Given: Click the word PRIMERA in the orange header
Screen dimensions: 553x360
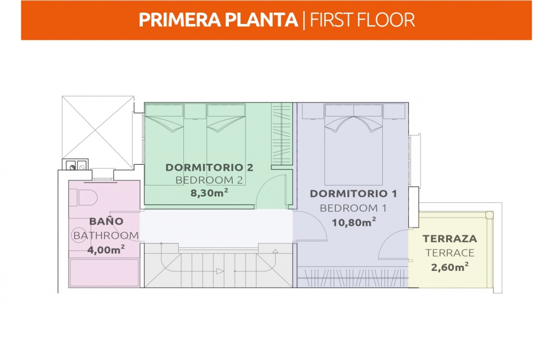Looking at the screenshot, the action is (x=180, y=20).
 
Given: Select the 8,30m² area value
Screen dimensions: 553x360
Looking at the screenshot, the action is (x=209, y=193).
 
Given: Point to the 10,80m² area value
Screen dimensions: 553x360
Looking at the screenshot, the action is (x=354, y=222).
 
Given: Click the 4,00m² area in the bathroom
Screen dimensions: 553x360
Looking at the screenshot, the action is (x=106, y=250).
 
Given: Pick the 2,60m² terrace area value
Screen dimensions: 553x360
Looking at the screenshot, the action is (x=450, y=267).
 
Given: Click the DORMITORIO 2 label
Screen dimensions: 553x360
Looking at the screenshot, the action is (x=209, y=168).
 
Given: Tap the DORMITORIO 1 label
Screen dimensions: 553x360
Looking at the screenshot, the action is (x=354, y=194).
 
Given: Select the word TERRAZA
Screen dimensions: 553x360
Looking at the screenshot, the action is (x=450, y=239).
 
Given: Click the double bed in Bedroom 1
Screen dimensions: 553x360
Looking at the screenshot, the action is (x=354, y=144).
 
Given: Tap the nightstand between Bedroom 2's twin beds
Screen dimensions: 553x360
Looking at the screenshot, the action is (x=195, y=111).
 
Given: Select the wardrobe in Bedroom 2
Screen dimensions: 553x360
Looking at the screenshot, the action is (x=282, y=134).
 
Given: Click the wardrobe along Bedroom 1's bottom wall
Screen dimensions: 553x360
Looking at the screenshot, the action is (x=352, y=277).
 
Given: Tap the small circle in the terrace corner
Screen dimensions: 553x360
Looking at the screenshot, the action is (x=489, y=215).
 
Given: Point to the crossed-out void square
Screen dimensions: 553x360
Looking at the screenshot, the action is (x=98, y=133).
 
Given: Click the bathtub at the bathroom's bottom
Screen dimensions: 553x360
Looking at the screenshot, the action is (x=105, y=273).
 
